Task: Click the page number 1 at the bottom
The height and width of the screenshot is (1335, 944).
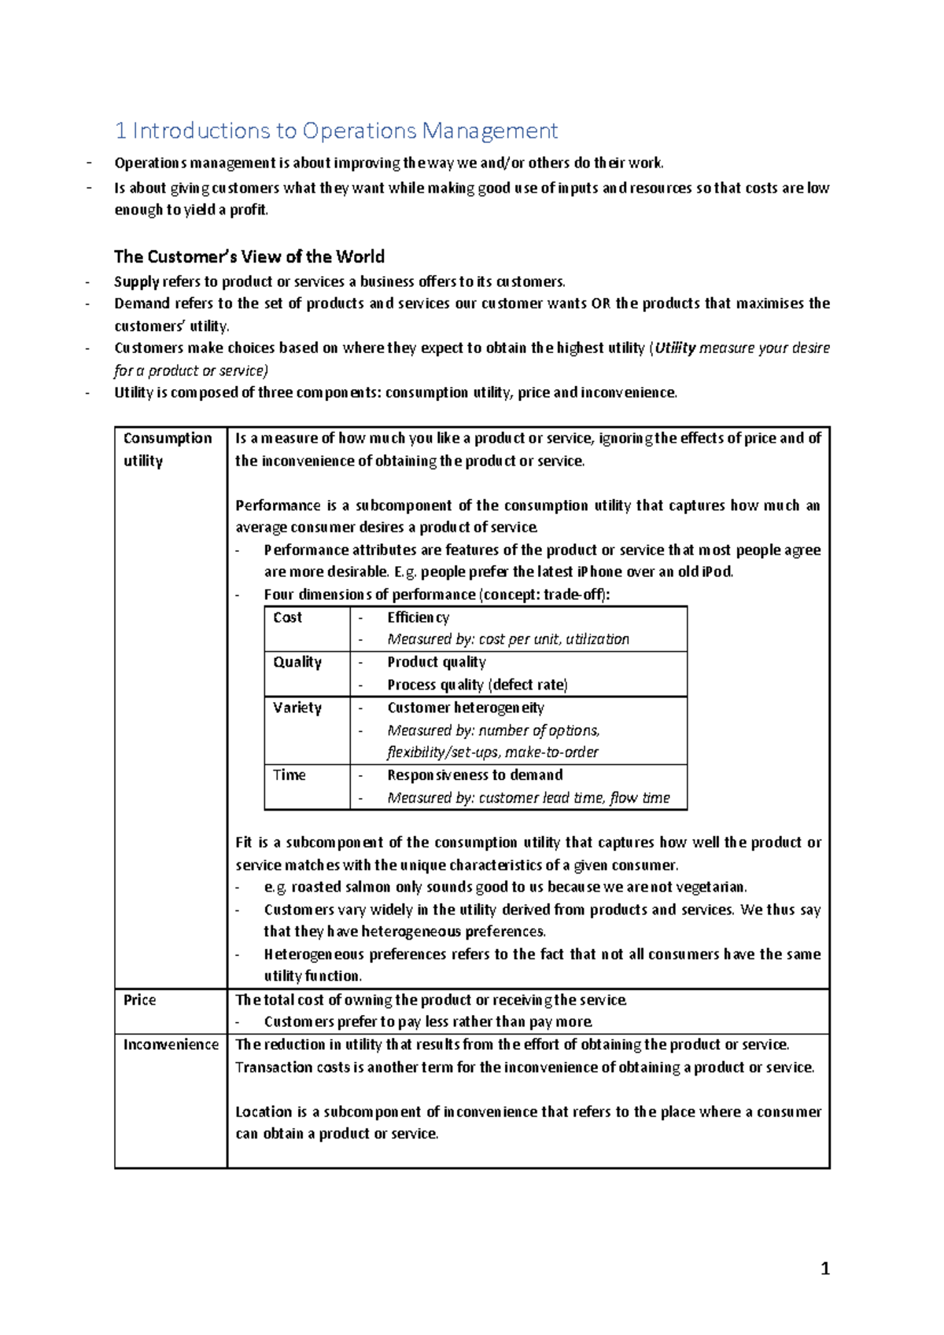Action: [x=824, y=1268]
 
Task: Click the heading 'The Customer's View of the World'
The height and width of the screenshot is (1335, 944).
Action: [x=249, y=256]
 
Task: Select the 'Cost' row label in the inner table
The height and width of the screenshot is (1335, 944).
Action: [x=287, y=617]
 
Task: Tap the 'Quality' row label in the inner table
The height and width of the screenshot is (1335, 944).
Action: [x=297, y=662]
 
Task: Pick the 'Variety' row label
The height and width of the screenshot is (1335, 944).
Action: [x=297, y=708]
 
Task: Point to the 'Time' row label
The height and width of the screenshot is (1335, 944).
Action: [x=289, y=775]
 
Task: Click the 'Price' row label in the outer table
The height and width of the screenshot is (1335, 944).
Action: [x=139, y=1000]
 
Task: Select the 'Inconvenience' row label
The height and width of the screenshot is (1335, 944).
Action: [x=171, y=1045]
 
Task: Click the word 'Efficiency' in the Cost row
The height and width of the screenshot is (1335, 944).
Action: [x=418, y=618]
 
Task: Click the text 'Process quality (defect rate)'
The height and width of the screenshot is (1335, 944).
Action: [x=477, y=685]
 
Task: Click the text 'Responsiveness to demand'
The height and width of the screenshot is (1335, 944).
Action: [x=474, y=775]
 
